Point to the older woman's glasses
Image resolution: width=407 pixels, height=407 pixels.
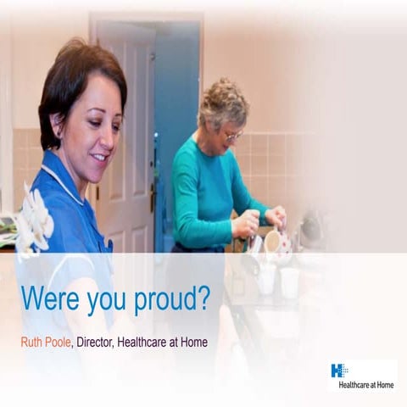click(x=232, y=134)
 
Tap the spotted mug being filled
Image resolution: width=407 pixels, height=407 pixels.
click(x=273, y=243)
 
